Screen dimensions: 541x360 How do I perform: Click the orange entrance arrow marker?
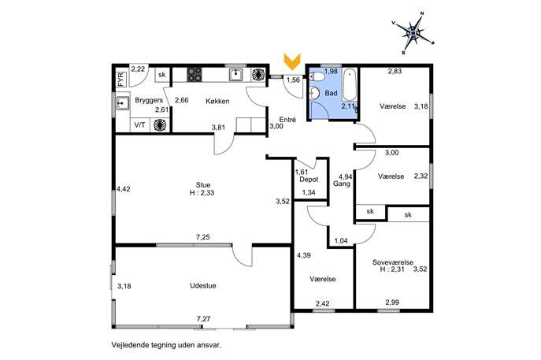[x=292, y=61]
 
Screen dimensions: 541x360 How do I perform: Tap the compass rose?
[x=413, y=33]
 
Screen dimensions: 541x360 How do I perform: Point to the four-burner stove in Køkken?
[x=195, y=75]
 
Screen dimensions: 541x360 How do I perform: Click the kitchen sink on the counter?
[x=235, y=75]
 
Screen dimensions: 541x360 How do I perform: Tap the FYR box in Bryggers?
[x=120, y=79]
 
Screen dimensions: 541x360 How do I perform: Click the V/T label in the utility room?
[x=139, y=125]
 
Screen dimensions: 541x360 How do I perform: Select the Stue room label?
[x=203, y=185]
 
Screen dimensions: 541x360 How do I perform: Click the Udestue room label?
[x=203, y=286]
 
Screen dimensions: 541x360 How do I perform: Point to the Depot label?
[x=309, y=180]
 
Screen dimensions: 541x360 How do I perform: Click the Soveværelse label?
[x=393, y=262]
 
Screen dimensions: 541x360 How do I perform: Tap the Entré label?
[x=287, y=120]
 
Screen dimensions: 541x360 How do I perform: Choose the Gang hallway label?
[x=342, y=184]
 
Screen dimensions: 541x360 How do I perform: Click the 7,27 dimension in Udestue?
[x=204, y=319]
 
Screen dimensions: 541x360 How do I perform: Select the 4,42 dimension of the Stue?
[x=124, y=189]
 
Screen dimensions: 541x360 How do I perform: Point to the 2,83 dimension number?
[x=395, y=72]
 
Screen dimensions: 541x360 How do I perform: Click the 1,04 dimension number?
[x=341, y=241]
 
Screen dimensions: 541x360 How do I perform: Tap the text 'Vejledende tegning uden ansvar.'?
[x=166, y=345]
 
